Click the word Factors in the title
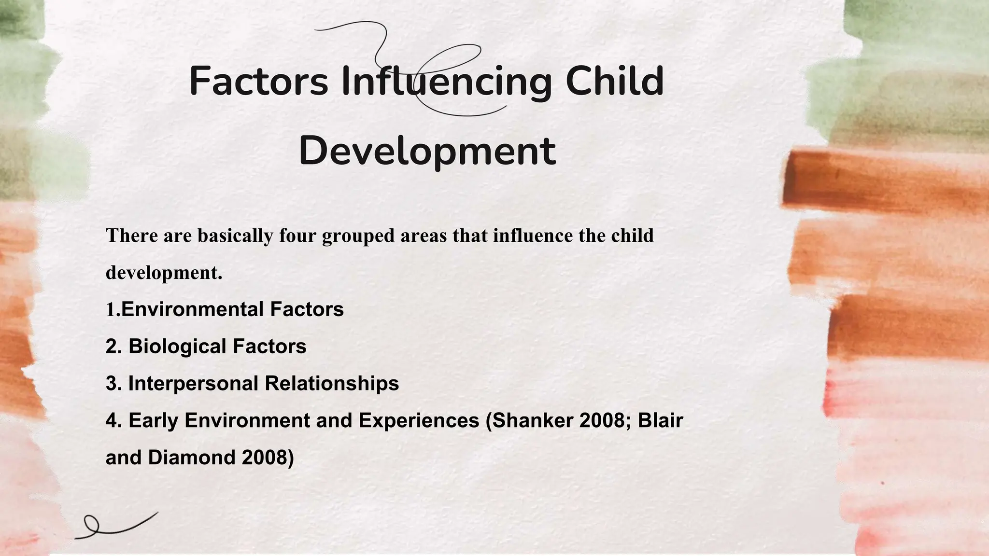[258, 81]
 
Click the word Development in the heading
[427, 151]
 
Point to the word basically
[235, 236]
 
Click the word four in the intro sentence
[297, 236]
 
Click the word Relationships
[332, 384]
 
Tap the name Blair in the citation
[660, 420]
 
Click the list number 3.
[112, 384]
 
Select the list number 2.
[112, 347]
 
